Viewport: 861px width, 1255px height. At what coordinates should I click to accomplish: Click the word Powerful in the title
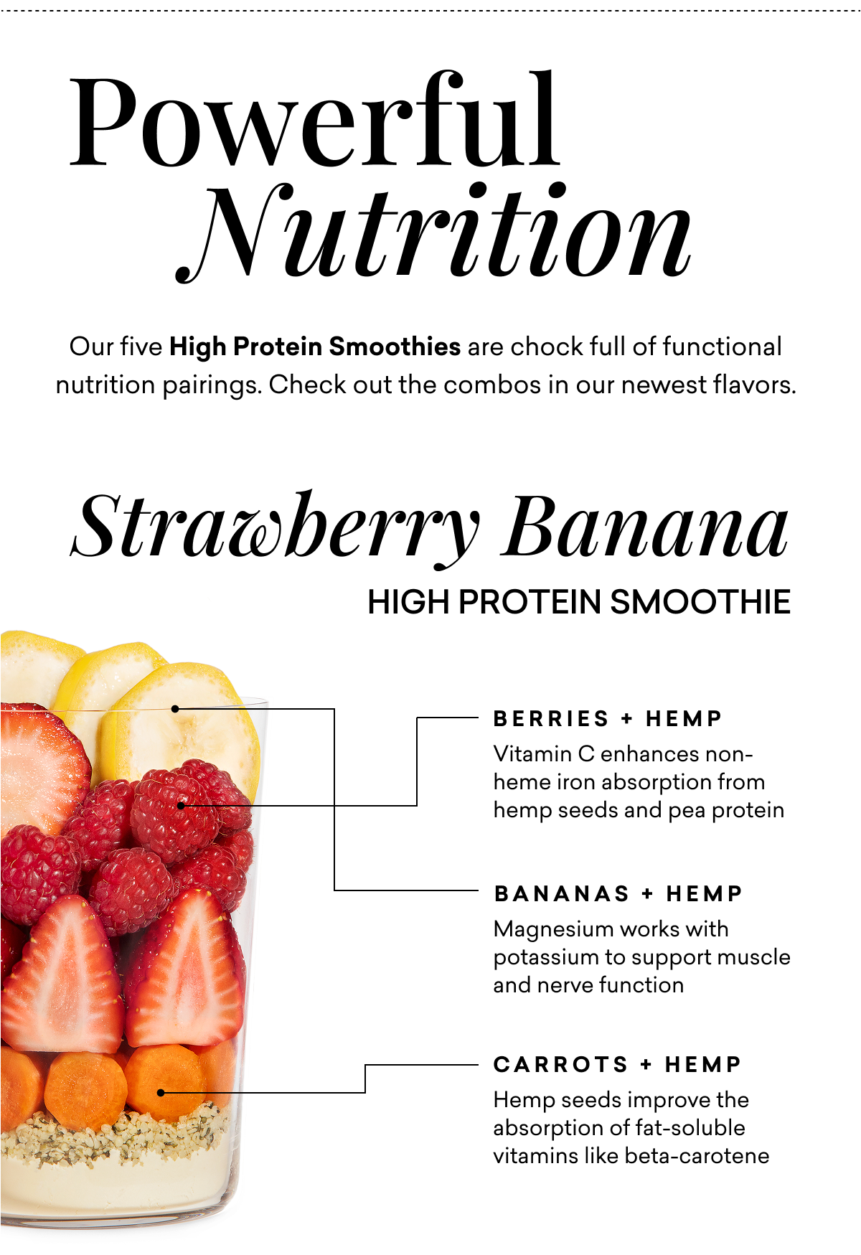[314, 121]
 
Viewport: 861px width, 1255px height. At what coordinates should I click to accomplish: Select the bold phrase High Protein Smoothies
[315, 347]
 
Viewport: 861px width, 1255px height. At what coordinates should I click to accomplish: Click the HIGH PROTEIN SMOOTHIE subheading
[578, 602]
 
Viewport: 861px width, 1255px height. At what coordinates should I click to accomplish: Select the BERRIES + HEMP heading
[608, 718]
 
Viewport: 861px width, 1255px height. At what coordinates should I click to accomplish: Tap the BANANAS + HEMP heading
[618, 893]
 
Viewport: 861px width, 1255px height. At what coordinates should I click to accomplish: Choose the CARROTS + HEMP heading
[617, 1064]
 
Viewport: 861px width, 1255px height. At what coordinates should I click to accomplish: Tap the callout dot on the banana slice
[175, 709]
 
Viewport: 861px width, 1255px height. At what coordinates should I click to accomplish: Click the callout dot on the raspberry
[181, 805]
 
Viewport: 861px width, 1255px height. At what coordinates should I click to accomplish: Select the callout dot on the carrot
[161, 1093]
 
